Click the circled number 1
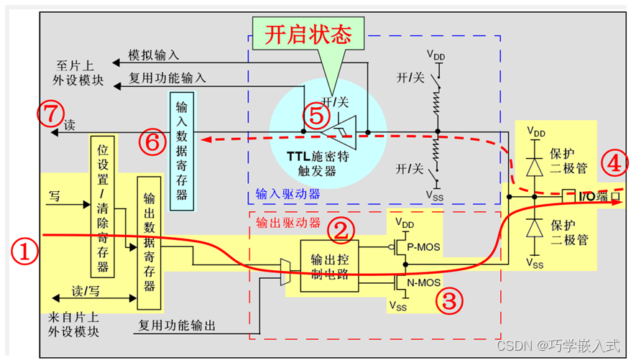point(24,251)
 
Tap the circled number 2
point(342,230)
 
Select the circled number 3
point(448,301)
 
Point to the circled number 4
point(613,163)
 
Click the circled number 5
point(315,116)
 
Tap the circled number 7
point(48,112)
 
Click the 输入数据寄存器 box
point(181,150)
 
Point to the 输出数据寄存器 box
point(149,243)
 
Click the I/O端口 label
point(588,194)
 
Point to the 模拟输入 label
point(154,55)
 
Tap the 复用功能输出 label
point(176,326)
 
